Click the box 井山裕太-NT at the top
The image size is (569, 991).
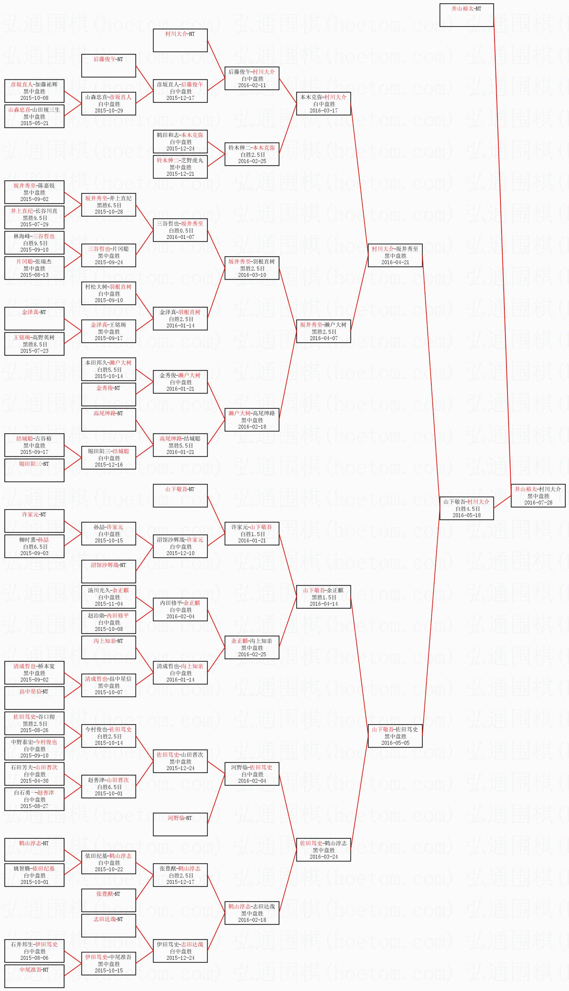pyautogui.click(x=466, y=15)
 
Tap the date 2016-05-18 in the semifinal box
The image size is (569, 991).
pyautogui.click(x=466, y=515)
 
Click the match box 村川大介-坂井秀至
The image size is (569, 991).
pyautogui.click(x=395, y=255)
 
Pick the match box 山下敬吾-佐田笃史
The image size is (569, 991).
pyautogui.click(x=395, y=736)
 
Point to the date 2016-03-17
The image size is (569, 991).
pyautogui.click(x=323, y=111)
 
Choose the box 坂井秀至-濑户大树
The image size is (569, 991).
pyautogui.click(x=323, y=331)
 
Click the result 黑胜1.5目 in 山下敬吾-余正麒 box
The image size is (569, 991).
pyautogui.click(x=323, y=597)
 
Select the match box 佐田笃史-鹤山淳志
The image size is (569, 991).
pyautogui.click(x=323, y=850)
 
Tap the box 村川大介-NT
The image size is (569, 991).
pyautogui.click(x=180, y=40)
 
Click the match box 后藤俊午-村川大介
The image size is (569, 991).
pyautogui.click(x=252, y=78)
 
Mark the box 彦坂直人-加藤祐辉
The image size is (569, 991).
pyautogui.click(x=34, y=91)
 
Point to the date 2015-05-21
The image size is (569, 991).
pyautogui.click(x=34, y=123)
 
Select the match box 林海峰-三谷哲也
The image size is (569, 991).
pyautogui.click(x=34, y=243)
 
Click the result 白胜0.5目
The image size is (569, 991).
pyautogui.click(x=180, y=230)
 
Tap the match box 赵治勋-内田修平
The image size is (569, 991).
pyautogui.click(x=109, y=622)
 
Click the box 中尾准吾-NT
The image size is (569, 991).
pyautogui.click(x=34, y=976)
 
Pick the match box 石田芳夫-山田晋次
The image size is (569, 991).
pyautogui.click(x=34, y=774)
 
